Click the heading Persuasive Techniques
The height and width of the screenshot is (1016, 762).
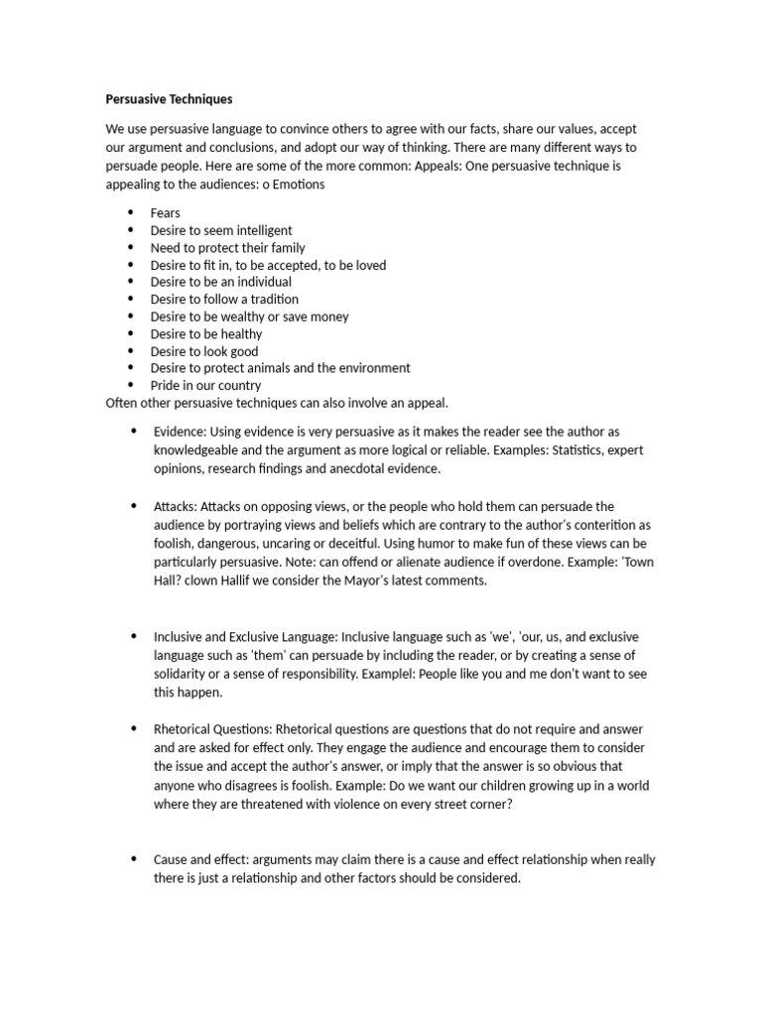[169, 100]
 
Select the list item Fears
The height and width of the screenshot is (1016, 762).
[165, 213]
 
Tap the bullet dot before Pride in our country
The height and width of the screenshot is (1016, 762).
[130, 385]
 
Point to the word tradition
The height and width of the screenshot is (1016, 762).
[272, 299]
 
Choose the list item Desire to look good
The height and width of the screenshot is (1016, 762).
[203, 351]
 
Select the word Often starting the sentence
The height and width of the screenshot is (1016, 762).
[124, 403]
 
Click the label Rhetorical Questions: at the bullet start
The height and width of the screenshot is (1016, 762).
[211, 730]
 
